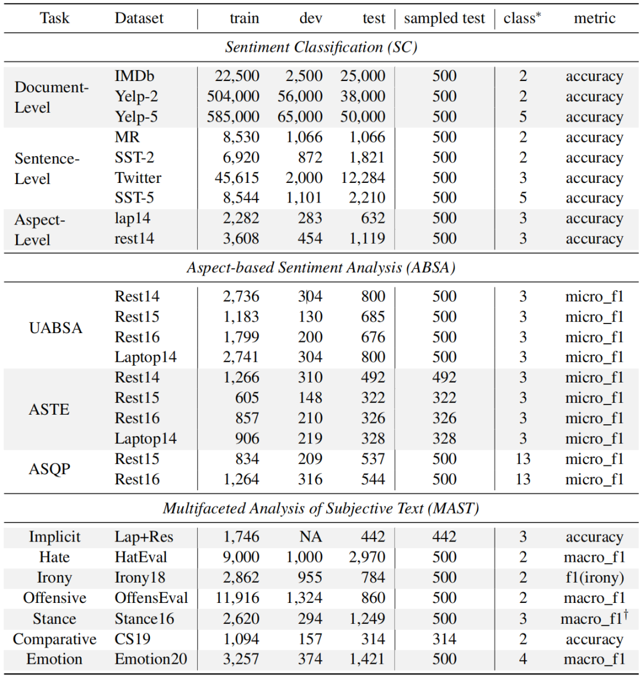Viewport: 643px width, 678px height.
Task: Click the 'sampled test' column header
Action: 444,18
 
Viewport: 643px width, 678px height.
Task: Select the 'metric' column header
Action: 594,18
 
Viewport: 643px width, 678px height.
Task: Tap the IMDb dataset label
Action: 135,76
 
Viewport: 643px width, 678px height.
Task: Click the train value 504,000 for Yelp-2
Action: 233,97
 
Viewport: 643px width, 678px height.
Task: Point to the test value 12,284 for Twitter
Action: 363,178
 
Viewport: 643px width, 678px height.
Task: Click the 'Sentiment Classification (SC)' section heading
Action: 321,48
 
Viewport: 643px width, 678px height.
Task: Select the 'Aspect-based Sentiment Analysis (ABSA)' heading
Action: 321,268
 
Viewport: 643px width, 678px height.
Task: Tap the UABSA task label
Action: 55,328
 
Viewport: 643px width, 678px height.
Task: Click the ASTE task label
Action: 49,409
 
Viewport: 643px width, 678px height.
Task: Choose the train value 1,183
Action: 241,317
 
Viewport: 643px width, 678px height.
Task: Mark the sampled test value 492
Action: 444,378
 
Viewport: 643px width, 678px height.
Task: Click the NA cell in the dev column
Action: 310,537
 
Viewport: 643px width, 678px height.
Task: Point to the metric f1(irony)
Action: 594,578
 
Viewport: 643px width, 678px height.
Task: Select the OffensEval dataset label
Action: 151,598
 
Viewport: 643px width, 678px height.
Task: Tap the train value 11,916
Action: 237,598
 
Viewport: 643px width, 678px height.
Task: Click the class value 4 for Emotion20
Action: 523,660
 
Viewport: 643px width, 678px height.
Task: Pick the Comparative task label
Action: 54,639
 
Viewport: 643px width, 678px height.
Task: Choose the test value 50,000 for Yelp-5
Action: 363,117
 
